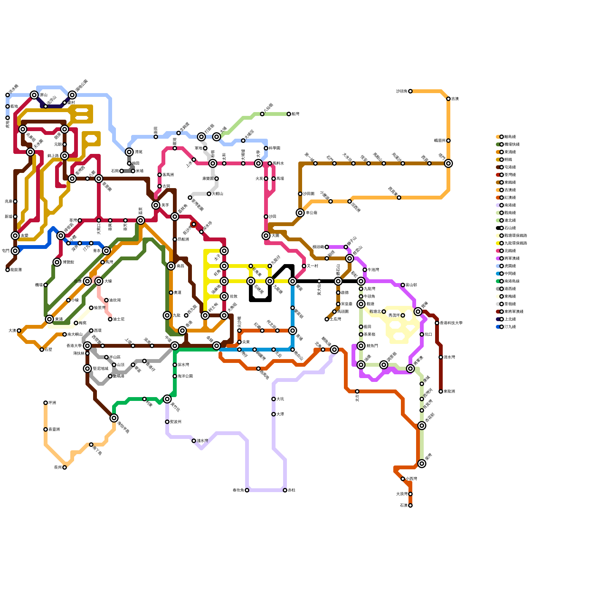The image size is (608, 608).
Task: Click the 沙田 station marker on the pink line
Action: point(266,217)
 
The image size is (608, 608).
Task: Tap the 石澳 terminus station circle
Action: point(410,505)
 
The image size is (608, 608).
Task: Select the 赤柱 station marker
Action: point(285,490)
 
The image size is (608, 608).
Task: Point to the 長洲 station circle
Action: point(65,467)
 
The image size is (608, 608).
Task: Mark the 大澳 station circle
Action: point(19,331)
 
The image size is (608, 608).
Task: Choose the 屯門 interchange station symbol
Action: point(15,251)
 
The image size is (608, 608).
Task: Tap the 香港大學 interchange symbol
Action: point(87,346)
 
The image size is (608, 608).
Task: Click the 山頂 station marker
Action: point(114,365)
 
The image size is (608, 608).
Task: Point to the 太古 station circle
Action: point(357,391)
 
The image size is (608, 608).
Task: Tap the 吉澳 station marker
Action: point(448,99)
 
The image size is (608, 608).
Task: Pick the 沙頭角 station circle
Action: point(410,91)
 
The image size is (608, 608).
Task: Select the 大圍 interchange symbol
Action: point(266,236)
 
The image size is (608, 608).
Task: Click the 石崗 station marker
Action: point(122,171)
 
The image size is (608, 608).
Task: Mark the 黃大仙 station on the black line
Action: point(319,281)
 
